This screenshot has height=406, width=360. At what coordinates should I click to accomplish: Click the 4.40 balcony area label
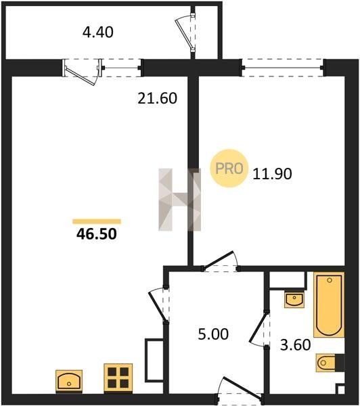point(98,32)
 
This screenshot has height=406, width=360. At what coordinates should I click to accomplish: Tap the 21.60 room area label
point(157,98)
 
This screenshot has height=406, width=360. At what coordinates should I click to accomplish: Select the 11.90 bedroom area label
point(272,174)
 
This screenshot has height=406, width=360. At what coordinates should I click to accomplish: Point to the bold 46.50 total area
point(97,234)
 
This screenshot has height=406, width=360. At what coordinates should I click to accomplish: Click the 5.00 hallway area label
point(213,334)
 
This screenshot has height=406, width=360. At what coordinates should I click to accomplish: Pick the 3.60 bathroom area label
point(296,345)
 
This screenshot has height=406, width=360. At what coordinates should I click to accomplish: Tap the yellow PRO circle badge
point(229,168)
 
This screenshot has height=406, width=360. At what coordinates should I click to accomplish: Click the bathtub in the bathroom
point(329,304)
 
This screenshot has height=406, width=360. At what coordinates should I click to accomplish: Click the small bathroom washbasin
point(294,300)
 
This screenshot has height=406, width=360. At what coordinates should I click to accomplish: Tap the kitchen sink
point(69,381)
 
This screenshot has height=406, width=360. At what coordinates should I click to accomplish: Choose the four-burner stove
point(118,378)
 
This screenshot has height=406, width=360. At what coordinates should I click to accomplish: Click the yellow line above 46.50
point(97,221)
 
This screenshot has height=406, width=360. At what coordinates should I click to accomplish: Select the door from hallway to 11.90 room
point(221,261)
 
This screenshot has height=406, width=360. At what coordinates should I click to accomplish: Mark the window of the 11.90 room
point(283,68)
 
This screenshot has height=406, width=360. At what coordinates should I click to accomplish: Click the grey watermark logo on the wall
point(179,200)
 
